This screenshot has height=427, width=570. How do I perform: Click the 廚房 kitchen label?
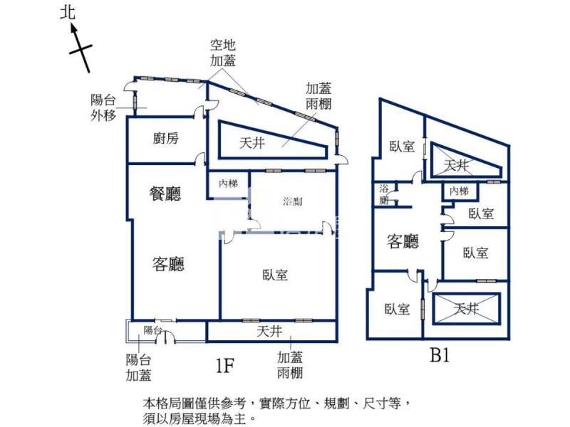[x=165, y=139]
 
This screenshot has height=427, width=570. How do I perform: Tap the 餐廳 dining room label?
[x=165, y=193]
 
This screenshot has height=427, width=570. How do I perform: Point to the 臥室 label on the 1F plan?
[x=275, y=275]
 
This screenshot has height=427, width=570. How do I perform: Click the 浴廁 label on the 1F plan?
[x=292, y=201]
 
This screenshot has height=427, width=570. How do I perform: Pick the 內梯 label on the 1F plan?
[x=228, y=184]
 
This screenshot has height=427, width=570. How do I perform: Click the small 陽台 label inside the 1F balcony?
[x=152, y=330]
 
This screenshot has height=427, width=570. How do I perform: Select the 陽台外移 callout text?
[x=103, y=107]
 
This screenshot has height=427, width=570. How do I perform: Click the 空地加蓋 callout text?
[x=223, y=53]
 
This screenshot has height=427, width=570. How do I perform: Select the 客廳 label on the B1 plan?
[x=403, y=242]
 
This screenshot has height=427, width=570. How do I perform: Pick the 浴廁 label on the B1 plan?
[x=384, y=194]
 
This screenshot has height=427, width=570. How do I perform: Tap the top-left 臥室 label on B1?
[x=402, y=147]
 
